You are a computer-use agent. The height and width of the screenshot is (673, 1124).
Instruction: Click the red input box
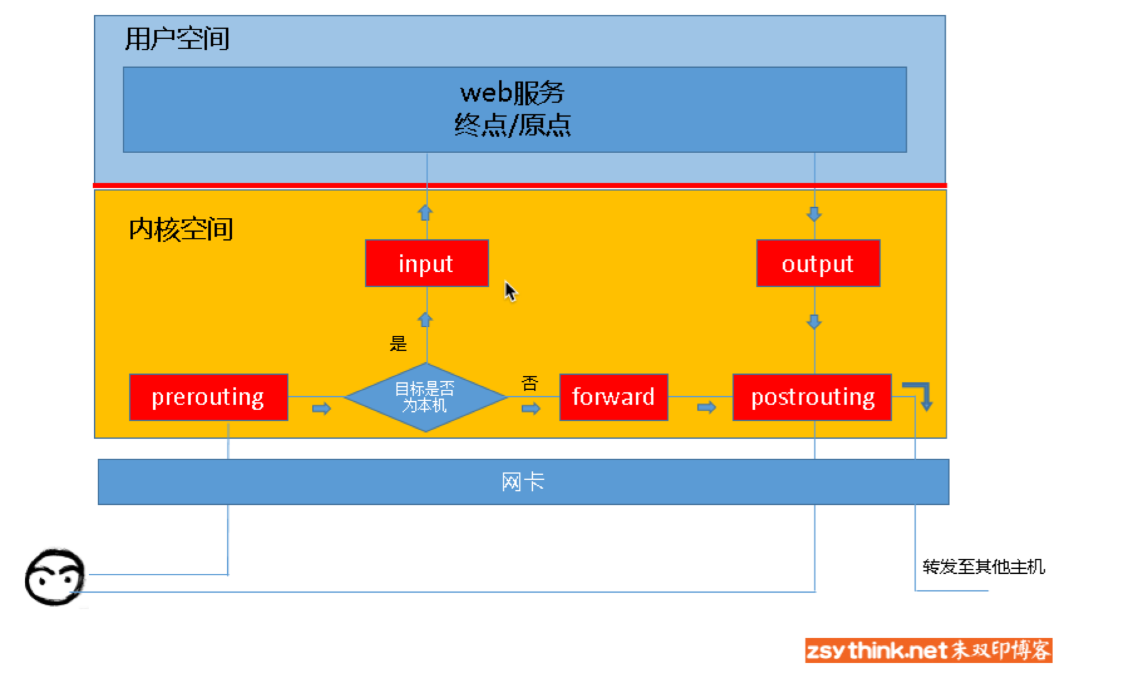coord(427,264)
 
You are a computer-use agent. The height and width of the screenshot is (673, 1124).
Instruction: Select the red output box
coord(818,264)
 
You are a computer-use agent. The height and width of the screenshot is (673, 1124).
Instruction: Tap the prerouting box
coord(208,397)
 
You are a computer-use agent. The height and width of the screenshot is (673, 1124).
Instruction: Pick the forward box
coord(613,397)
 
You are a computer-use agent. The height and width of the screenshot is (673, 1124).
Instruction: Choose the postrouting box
coord(812,397)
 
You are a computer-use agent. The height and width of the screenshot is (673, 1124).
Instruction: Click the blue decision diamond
coord(426,397)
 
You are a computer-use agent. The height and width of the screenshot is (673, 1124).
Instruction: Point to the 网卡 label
coord(523,482)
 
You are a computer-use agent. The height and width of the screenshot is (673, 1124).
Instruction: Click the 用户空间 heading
coord(177,39)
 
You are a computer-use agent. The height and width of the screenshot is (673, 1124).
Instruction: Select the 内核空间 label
coord(181,230)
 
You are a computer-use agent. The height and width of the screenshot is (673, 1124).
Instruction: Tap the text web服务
coord(512,93)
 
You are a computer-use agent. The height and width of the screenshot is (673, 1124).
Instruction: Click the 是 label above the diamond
coord(398,343)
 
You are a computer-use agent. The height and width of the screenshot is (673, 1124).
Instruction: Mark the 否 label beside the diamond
coord(530,384)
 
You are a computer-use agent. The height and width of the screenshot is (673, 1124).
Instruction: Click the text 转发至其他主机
coord(983,567)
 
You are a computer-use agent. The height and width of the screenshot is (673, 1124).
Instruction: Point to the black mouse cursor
coord(510,291)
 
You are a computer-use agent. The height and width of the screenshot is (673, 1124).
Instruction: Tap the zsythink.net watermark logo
coord(928,650)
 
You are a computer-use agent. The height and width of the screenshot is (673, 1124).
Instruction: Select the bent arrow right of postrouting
coord(919,395)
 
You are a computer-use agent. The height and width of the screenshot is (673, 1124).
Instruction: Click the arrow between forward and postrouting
coord(706,408)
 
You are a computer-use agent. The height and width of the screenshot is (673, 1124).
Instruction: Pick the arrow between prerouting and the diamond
coord(321,409)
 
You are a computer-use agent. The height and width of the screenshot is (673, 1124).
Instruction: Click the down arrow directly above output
coord(814,214)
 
